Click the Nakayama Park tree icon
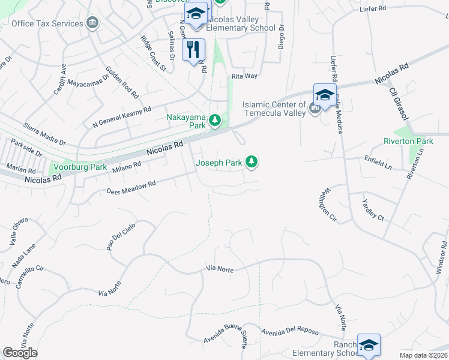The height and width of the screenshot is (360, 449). coord(215,122)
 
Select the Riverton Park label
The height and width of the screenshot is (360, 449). coord(408,141)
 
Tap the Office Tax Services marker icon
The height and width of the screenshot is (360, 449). coord(92,23)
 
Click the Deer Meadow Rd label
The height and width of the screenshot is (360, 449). coord(131,187)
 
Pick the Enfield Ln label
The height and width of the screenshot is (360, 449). coord(378,163)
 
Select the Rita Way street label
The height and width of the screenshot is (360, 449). coord(244,76)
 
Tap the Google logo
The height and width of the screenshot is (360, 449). coord(20,352)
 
